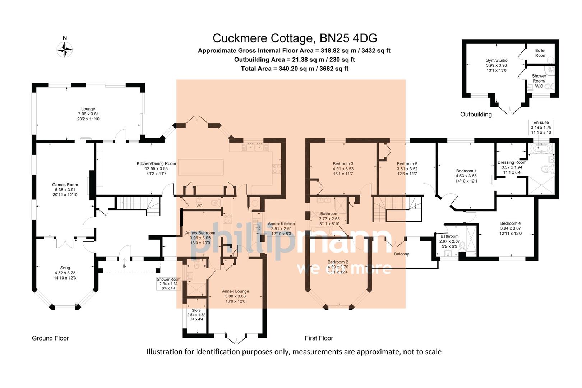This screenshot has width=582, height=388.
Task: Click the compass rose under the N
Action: click(x=65, y=49)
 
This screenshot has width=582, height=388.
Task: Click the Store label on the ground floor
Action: click(x=196, y=310)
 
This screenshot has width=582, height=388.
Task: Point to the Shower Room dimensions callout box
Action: click(x=168, y=283)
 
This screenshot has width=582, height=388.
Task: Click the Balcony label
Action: click(x=401, y=254)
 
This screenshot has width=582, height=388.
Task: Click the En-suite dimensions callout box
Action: click(x=541, y=128)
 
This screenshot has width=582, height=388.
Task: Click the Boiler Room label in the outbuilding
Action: click(x=540, y=53)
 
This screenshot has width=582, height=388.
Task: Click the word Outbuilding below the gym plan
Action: click(x=476, y=114)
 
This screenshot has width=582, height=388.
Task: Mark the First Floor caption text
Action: click(x=319, y=338)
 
